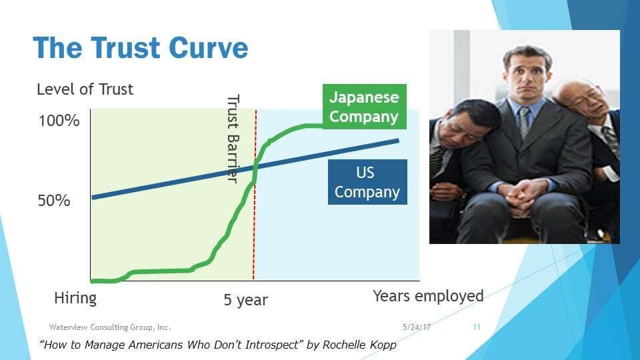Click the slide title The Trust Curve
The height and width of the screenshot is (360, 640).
pyautogui.click(x=141, y=48)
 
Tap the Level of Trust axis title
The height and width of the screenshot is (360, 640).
pyautogui.click(x=85, y=89)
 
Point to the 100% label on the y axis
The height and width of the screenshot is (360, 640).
pyautogui.click(x=59, y=121)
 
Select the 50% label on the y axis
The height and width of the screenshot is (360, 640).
pyautogui.click(x=54, y=201)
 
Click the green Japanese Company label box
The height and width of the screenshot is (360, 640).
pyautogui.click(x=365, y=107)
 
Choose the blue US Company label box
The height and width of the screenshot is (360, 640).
pyautogui.click(x=367, y=182)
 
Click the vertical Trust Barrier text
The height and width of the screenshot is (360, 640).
pyautogui.click(x=233, y=139)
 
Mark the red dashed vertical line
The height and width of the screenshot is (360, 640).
pyautogui.click(x=255, y=195)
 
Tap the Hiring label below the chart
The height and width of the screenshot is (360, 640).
pyautogui.click(x=75, y=299)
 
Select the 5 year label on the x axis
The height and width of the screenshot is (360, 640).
pyautogui.click(x=246, y=300)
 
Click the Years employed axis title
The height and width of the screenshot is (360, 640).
pyautogui.click(x=428, y=296)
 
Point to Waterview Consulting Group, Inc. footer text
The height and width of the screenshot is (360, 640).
pyautogui.click(x=110, y=327)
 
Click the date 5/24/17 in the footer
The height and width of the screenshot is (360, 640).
pyautogui.click(x=416, y=327)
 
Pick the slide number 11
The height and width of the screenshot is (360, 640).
pyautogui.click(x=476, y=327)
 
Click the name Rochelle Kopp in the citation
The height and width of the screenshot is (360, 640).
pyautogui.click(x=359, y=345)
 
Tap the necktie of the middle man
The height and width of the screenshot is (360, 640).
pyautogui.click(x=524, y=121)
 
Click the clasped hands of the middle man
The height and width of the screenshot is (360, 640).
pyautogui.click(x=522, y=195)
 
